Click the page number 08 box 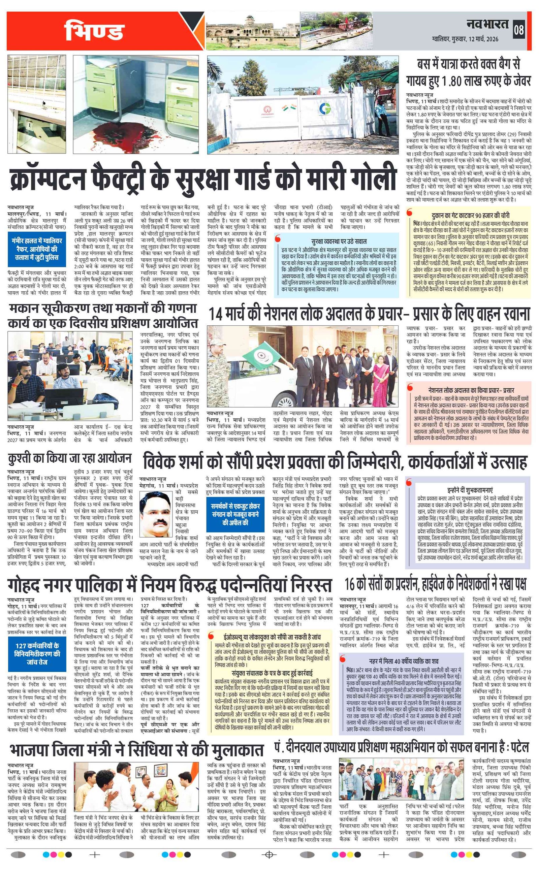[519, 30]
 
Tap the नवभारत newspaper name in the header [487, 24]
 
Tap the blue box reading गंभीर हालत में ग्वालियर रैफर [37, 249]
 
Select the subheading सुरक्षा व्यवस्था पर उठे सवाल [339, 241]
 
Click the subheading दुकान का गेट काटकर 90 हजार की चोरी [470, 216]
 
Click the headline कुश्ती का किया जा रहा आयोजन [70, 458]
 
